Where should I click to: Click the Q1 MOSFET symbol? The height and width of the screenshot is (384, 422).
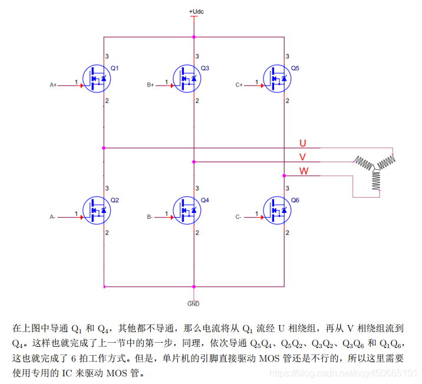(x=96, y=78)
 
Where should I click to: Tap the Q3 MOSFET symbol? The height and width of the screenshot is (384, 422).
(x=186, y=78)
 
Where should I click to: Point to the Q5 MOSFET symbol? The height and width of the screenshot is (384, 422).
(x=276, y=78)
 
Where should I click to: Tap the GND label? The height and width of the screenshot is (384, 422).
(x=193, y=304)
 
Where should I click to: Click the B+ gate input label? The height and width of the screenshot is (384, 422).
(x=150, y=86)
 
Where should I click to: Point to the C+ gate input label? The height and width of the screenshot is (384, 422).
(x=239, y=86)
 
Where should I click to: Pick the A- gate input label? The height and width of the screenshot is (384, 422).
(x=52, y=217)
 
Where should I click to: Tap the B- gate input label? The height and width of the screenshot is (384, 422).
(x=150, y=217)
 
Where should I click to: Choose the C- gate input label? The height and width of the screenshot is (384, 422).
(x=239, y=217)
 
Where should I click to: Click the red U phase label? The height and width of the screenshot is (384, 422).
(x=303, y=143)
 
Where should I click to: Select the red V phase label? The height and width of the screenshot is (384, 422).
(x=303, y=157)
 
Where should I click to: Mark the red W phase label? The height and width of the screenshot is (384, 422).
(x=304, y=171)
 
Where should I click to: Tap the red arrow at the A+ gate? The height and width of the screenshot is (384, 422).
(x=81, y=86)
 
